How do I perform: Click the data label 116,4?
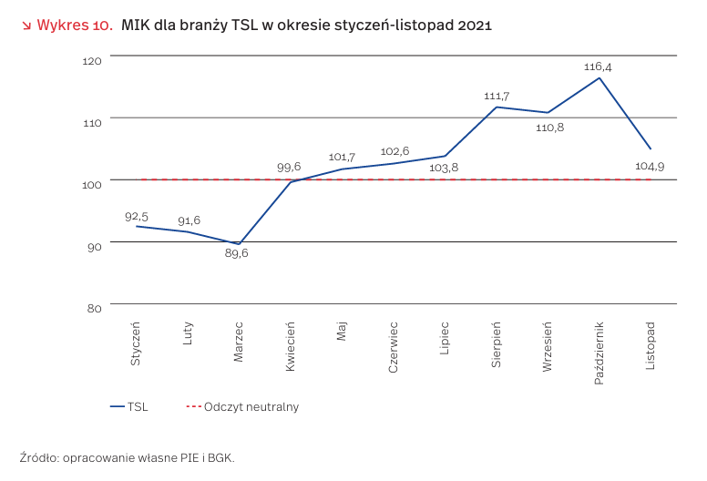pyautogui.click(x=599, y=67)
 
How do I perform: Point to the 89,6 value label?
pyautogui.click(x=237, y=253)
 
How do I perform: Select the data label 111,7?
pyautogui.click(x=497, y=96)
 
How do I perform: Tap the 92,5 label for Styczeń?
pyautogui.click(x=136, y=216)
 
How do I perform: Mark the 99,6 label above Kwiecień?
pyautogui.click(x=289, y=167)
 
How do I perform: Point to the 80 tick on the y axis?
pyautogui.click(x=94, y=308)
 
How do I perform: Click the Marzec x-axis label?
pyautogui.click(x=239, y=342)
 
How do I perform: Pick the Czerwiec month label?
pyautogui.click(x=394, y=345)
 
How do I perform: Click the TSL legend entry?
pyautogui.click(x=128, y=407)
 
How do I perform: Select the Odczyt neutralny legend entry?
pyautogui.click(x=242, y=407)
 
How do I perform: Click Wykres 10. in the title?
pyautogui.click(x=75, y=26)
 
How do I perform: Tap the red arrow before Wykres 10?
pyautogui.click(x=26, y=26)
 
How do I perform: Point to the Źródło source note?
pyautogui.click(x=127, y=457)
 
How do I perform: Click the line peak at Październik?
pyautogui.click(x=599, y=77)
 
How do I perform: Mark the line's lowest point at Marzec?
pyautogui.click(x=239, y=244)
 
